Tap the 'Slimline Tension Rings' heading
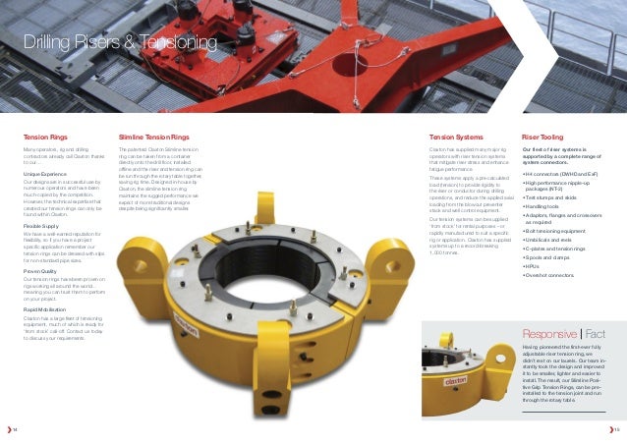pyautogui.click(x=154, y=138)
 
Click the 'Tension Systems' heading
pyautogui.click(x=456, y=138)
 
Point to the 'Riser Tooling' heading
pyautogui.click(x=542, y=138)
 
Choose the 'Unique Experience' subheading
pyautogui.click(x=45, y=173)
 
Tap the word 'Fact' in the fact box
pyautogui.click(x=601, y=333)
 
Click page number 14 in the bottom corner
pyautogui.click(x=14, y=428)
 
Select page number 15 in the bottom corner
pyautogui.click(x=615, y=428)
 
